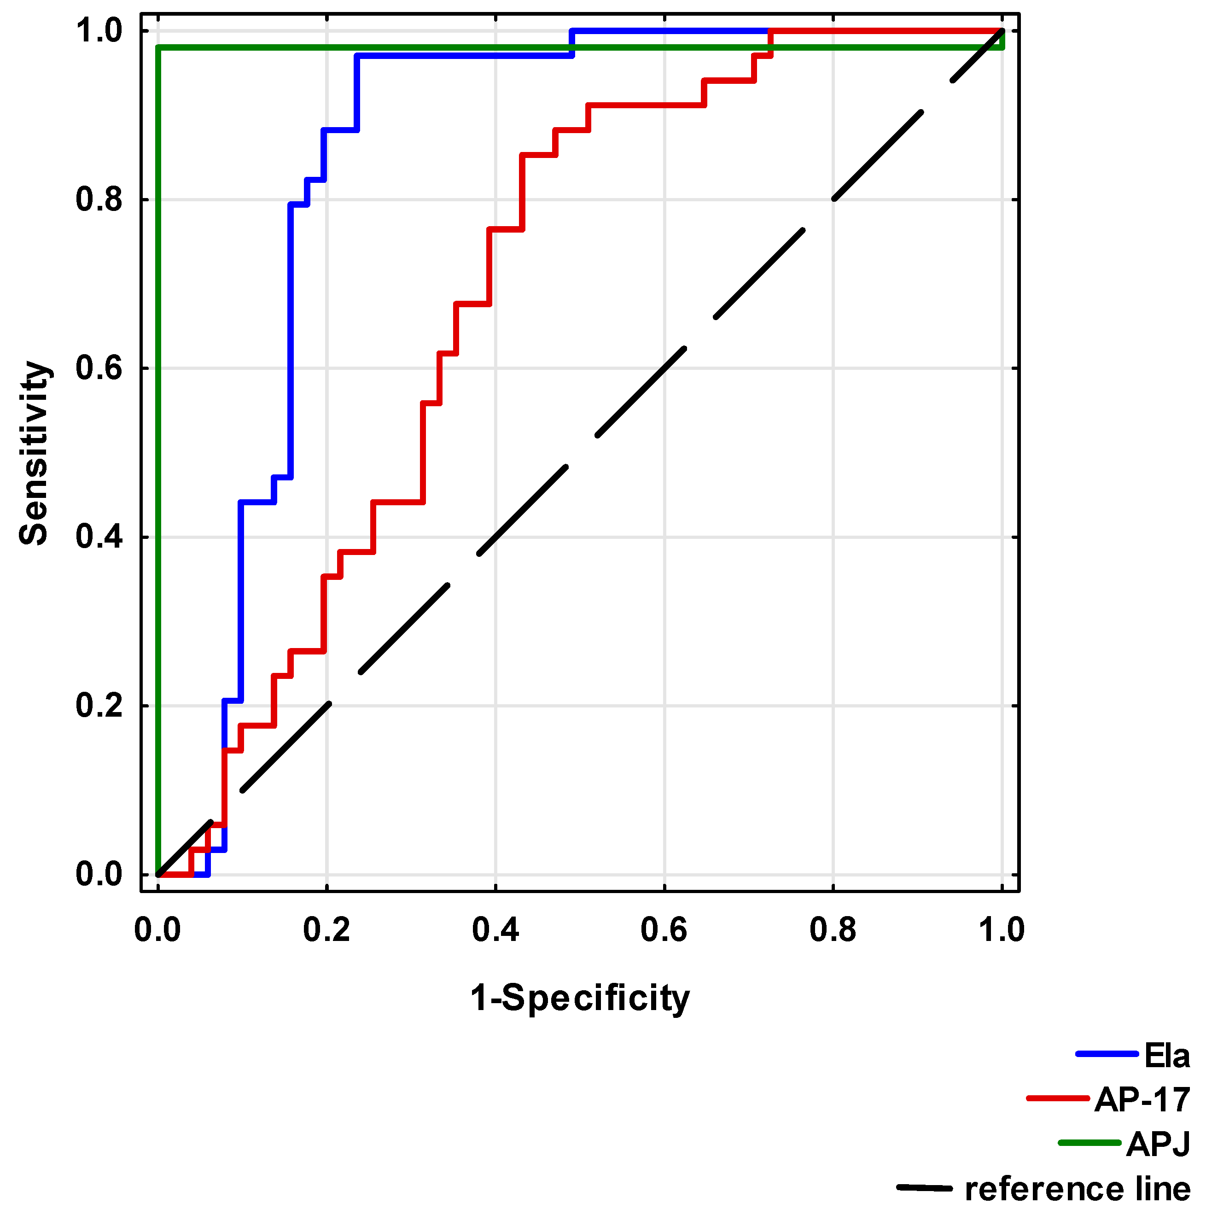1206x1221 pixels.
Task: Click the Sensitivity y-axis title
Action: (34, 453)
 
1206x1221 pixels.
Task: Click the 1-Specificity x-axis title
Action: (579, 998)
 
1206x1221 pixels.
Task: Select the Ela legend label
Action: (1166, 1056)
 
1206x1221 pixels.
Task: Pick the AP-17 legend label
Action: (1142, 1100)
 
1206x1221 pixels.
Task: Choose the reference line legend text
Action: (1077, 1189)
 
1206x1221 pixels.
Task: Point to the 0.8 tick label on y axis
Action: (99, 200)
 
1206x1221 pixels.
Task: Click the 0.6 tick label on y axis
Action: (99, 368)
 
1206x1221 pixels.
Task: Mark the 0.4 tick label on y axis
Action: (99, 537)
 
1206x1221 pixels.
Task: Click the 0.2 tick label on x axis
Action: (326, 929)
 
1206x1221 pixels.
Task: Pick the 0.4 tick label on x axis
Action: (495, 929)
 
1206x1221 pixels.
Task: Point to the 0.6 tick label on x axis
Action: (664, 929)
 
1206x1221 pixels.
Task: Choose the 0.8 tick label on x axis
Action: (833, 929)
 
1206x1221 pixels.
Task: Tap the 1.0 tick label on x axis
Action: (1001, 929)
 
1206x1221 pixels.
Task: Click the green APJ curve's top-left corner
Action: (158, 47)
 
